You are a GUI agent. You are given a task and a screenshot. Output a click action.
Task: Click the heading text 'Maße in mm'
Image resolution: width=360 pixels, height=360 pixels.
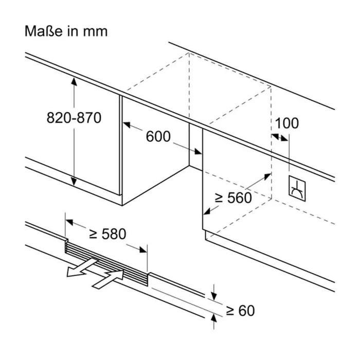(66, 31)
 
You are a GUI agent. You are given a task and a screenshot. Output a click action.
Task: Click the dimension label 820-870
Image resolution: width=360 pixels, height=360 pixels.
(74, 118)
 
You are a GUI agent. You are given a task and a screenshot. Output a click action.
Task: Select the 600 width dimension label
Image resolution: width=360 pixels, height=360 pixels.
(158, 136)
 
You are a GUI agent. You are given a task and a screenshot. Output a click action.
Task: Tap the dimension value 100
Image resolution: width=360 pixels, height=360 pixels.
(286, 123)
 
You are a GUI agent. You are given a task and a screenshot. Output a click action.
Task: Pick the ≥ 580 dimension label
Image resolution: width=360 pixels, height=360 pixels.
(107, 234)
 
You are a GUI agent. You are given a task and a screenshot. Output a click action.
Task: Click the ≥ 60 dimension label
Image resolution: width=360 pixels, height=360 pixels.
(240, 310)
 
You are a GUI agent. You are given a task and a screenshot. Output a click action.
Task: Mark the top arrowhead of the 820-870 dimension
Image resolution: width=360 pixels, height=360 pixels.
(74, 81)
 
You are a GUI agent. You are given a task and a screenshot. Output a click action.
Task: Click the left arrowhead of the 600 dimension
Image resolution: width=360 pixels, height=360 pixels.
(125, 123)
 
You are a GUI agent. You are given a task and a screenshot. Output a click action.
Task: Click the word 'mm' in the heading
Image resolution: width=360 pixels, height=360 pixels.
(96, 31)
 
